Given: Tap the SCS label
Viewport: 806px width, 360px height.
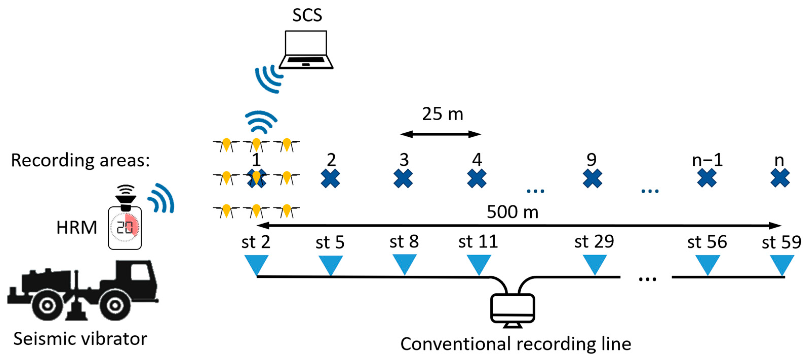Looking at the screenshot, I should click(307, 15).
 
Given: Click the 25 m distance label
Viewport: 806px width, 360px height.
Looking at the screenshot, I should click(442, 114).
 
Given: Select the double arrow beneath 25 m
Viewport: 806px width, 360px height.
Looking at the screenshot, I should click(440, 135).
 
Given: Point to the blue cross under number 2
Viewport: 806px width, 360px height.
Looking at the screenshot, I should click(330, 178).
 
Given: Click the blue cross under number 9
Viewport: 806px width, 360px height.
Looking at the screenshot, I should click(592, 178).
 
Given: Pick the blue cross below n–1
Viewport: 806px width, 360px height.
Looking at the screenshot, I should click(707, 178).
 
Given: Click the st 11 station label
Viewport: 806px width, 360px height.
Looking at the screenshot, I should click(478, 242).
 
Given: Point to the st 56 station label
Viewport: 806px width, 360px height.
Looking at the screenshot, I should click(707, 242).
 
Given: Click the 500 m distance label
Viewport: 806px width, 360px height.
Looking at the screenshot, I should click(512, 212).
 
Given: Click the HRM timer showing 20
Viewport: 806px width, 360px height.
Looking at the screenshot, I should click(125, 228).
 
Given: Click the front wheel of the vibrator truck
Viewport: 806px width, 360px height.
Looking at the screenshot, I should click(114, 305).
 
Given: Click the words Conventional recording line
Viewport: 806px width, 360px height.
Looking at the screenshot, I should click(515, 344).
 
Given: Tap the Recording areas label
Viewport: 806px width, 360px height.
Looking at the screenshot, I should click(81, 161).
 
